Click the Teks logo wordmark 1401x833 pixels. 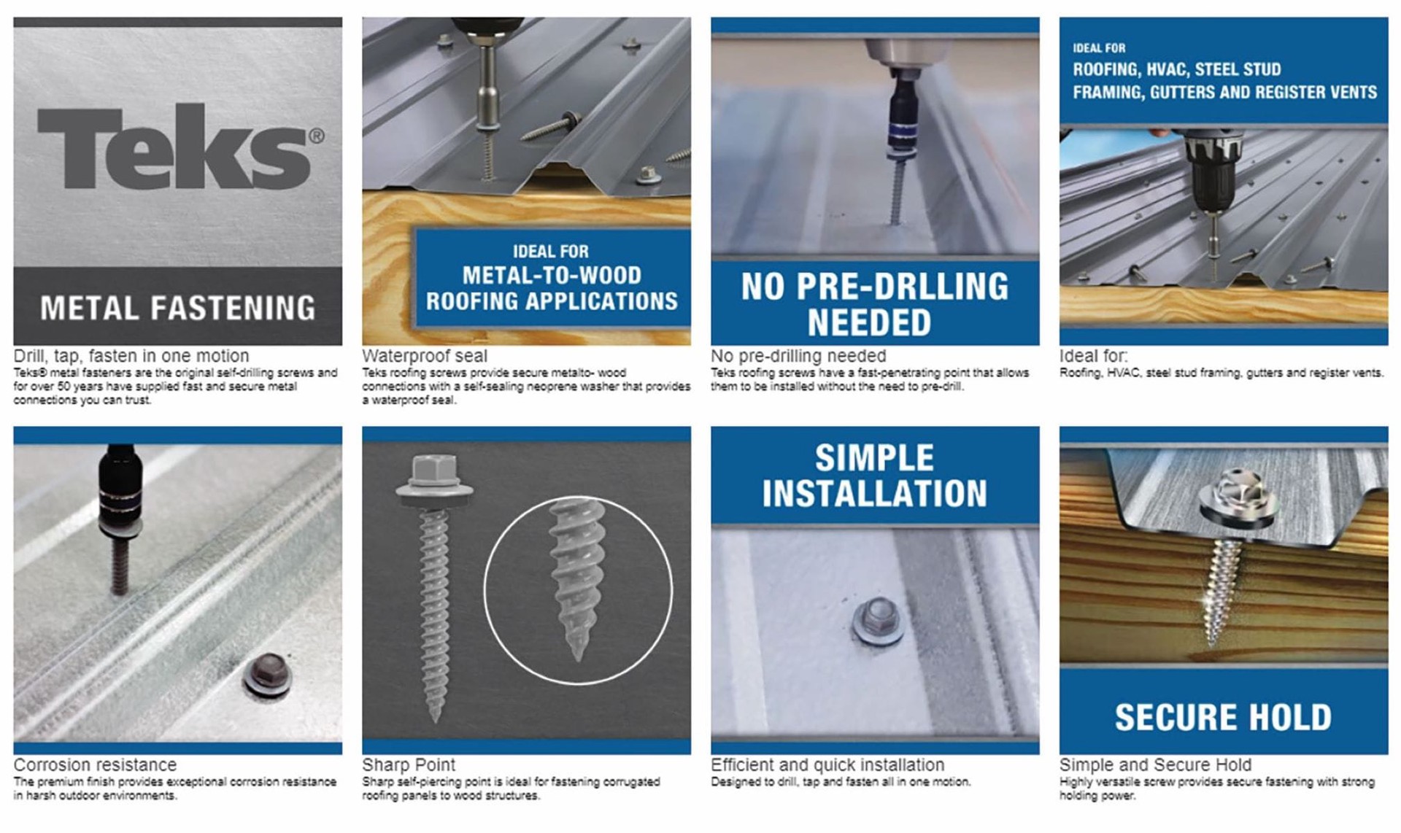coord(174,148)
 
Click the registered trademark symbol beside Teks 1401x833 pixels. coord(316,136)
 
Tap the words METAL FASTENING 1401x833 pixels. coord(177,308)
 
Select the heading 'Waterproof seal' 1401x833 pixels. coord(424,356)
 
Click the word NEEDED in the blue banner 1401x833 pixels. coord(868,322)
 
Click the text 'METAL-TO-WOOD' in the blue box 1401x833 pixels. coord(552,275)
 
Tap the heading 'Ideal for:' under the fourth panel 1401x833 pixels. coord(1093,356)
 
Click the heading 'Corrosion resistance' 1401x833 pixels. coord(95,764)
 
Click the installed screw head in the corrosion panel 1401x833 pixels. coord(267,673)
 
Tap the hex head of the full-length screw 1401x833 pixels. coord(434,471)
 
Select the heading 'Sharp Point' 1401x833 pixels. coord(408,764)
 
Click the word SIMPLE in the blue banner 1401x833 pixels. coord(873,458)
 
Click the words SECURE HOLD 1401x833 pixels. coord(1223,717)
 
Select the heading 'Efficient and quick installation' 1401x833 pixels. coord(827,764)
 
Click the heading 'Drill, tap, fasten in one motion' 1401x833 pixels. coord(131,356)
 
